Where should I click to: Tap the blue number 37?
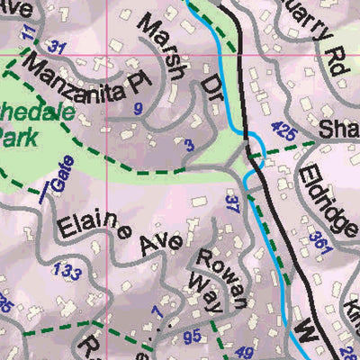pyautogui.click(x=233, y=204)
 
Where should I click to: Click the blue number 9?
pyautogui.click(x=139, y=110)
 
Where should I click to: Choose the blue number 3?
pyautogui.click(x=188, y=144)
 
